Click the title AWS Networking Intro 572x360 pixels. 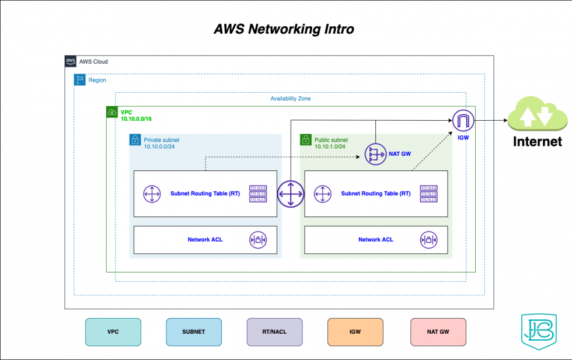click(x=284, y=29)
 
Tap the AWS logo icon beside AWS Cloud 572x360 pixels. click(x=71, y=61)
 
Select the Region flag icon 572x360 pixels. click(x=79, y=80)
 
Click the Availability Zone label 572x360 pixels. click(x=290, y=99)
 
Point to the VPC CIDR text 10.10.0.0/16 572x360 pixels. click(x=136, y=118)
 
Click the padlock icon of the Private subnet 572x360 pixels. click(x=135, y=140)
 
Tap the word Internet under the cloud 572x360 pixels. click(x=537, y=141)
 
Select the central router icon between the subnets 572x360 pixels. click(x=290, y=193)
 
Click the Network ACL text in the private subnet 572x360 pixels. click(x=205, y=239)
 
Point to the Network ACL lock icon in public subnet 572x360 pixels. click(x=428, y=239)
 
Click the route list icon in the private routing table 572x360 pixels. click(x=257, y=193)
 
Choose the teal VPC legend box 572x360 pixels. click(x=113, y=331)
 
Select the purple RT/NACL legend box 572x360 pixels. click(x=274, y=331)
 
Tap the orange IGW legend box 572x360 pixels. click(x=355, y=331)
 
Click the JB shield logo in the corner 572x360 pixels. click(x=535, y=334)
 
